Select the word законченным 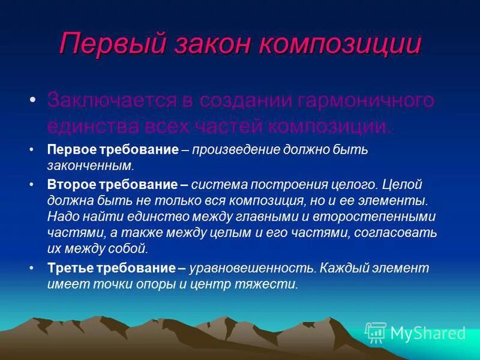coord(90,165)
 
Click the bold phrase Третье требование coord(113,268)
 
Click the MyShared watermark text coord(428,333)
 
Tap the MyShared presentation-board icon coord(376,332)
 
